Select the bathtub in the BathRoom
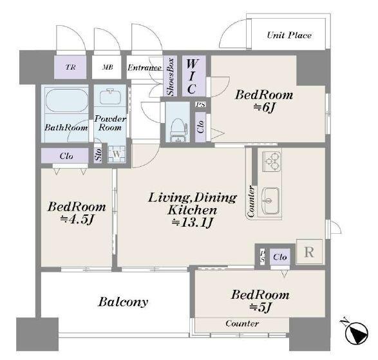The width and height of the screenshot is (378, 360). (67, 100)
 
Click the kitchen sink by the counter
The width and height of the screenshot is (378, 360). (270, 201)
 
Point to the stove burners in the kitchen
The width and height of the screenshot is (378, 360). (272, 161)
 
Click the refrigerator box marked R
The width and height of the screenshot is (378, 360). (309, 252)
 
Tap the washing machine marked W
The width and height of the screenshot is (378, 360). (117, 155)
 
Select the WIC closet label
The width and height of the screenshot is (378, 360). (192, 76)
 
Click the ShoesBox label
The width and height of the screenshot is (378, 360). (170, 77)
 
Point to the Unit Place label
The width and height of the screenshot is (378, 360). (289, 35)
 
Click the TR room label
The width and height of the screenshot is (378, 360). (70, 67)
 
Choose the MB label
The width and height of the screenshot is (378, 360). (108, 67)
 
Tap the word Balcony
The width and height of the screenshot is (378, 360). (123, 302)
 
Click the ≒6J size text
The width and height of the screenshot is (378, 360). (264, 108)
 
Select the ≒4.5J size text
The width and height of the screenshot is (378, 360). (77, 220)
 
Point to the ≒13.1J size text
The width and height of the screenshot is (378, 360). (193, 222)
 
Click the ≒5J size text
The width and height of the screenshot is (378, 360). (260, 307)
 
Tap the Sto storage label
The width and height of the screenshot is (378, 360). (98, 155)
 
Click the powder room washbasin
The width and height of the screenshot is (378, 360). (110, 97)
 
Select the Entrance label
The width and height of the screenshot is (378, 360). (144, 68)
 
